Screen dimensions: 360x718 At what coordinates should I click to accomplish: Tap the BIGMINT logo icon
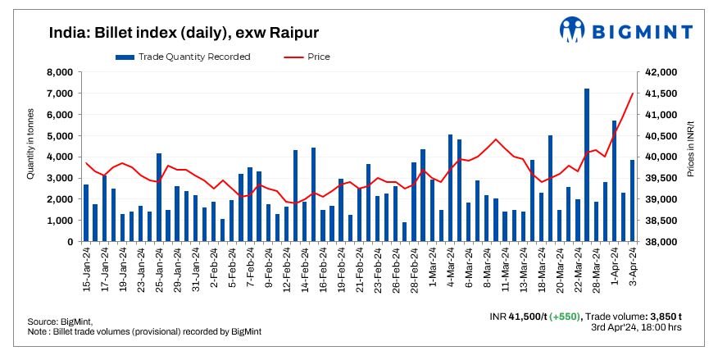(574, 30)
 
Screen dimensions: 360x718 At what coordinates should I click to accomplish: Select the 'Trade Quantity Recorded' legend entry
(183, 57)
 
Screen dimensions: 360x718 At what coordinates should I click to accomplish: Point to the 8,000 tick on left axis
(61, 72)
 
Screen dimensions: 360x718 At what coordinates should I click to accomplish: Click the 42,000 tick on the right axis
(661, 72)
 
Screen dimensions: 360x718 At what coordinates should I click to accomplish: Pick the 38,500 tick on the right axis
(661, 221)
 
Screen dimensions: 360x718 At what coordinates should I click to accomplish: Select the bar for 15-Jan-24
(86, 213)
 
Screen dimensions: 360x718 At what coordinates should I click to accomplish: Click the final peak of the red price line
(632, 93)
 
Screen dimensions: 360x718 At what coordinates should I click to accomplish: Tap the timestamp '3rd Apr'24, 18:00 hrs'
(636, 327)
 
